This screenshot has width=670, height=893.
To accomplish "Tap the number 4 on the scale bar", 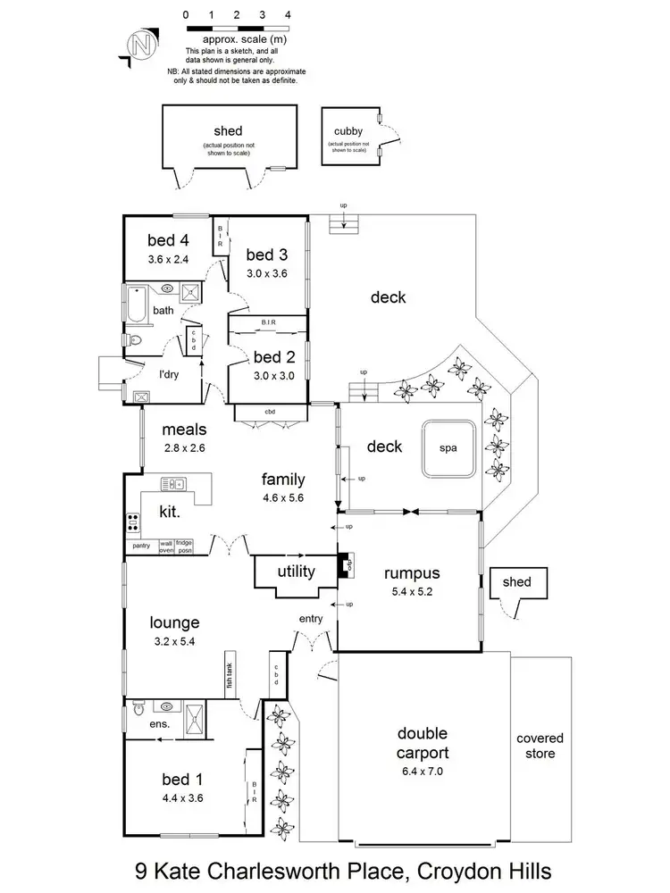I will (x=287, y=15).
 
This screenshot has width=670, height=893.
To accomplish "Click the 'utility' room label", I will (x=296, y=572).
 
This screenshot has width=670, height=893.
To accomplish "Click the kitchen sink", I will (x=172, y=485).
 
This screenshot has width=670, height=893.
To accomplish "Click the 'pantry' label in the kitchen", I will (x=140, y=544).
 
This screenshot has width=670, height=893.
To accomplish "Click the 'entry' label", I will (x=310, y=618).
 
